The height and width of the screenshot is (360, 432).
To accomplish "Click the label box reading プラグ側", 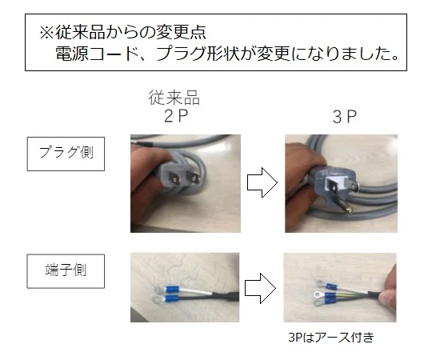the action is click(x=66, y=154).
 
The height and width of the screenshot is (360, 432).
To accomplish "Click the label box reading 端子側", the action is click(x=66, y=271).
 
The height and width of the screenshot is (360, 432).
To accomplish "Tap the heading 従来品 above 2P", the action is click(x=174, y=98).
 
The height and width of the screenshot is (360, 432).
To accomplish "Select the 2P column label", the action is click(x=176, y=116).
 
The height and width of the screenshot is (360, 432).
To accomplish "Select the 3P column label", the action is click(x=344, y=117).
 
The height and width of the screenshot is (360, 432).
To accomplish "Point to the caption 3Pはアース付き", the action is click(x=331, y=338).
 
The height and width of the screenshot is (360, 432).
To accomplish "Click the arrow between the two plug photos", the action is click(x=262, y=182).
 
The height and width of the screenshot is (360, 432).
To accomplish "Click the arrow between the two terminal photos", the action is click(x=260, y=288).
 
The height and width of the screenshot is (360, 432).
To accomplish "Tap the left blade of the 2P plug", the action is click(x=175, y=180).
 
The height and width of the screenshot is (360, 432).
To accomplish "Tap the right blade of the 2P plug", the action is click(x=193, y=178).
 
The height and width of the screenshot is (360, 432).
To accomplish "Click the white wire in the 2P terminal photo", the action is click(x=195, y=290).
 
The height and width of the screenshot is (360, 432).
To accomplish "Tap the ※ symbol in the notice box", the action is click(x=46, y=33).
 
